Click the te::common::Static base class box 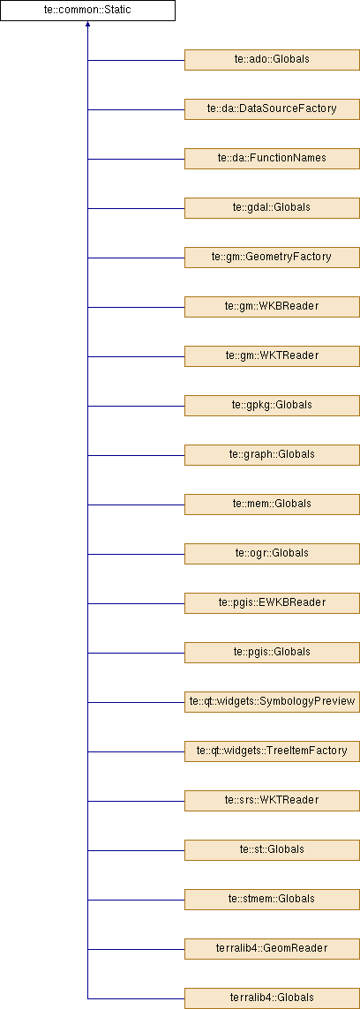pyautogui.click(x=87, y=11)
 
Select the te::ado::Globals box pyautogui.click(x=272, y=60)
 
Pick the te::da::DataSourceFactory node pyautogui.click(x=272, y=108)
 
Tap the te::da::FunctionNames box pyautogui.click(x=272, y=158)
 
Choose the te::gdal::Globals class pyautogui.click(x=272, y=208)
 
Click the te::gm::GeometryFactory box pyautogui.click(x=272, y=258)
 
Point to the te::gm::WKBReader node pyautogui.click(x=272, y=306)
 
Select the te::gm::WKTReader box pyautogui.click(x=272, y=355)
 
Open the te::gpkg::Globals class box pyautogui.click(x=272, y=406)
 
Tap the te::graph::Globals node pyautogui.click(x=272, y=455)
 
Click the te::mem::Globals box pyautogui.click(x=272, y=504)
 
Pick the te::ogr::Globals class pyautogui.click(x=272, y=553)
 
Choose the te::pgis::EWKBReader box pyautogui.click(x=272, y=603)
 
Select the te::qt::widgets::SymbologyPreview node pyautogui.click(x=272, y=701)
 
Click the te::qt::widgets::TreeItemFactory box pyautogui.click(x=272, y=751)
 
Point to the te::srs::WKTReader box pyautogui.click(x=272, y=801)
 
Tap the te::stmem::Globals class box pyautogui.click(x=272, y=899)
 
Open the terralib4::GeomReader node pyautogui.click(x=272, y=948)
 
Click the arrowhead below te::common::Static pyautogui.click(x=87, y=25)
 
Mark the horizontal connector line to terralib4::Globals pyautogui.click(x=136, y=998)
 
